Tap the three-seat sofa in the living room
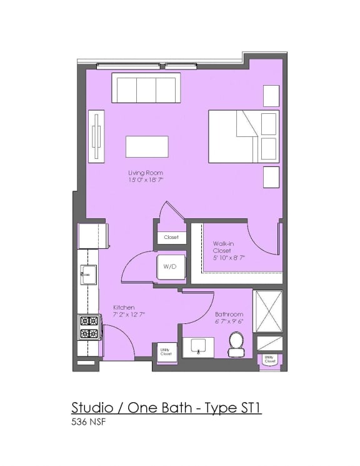(146, 88)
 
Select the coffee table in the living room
(147, 146)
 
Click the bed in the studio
(243, 137)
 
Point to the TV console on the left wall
(96, 137)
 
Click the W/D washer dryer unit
(170, 266)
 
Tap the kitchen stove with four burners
(88, 327)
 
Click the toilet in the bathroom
(236, 344)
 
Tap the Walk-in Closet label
(222, 246)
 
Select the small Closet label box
(171, 237)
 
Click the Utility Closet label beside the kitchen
(166, 352)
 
